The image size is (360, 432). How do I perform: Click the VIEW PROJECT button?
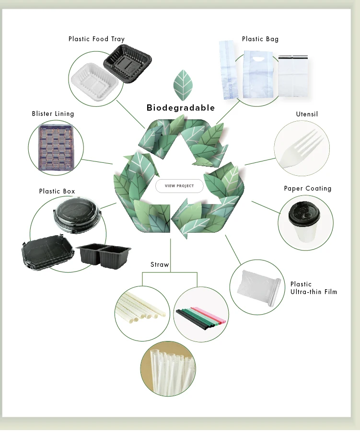point(179,186)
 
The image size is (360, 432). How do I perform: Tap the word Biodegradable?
point(181,108)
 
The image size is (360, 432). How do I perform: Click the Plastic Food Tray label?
point(96,39)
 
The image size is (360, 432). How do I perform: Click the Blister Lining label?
point(53,114)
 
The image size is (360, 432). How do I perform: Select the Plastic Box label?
point(57,192)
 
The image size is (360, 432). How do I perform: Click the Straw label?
point(160,265)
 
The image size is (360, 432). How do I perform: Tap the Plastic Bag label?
point(260,39)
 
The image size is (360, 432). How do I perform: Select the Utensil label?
point(307,114)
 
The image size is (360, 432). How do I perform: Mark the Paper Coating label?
point(307,189)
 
